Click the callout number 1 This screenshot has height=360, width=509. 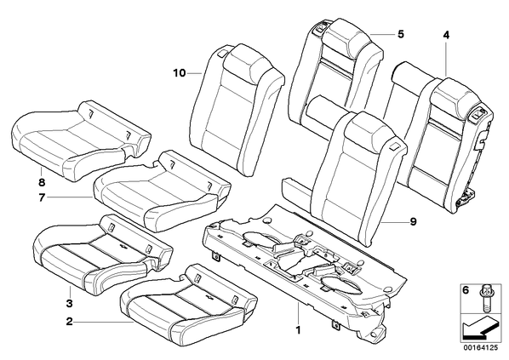(x=298, y=330)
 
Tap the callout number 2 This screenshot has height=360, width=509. (x=69, y=322)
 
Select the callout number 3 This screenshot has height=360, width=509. (x=69, y=304)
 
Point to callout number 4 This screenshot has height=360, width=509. (x=446, y=35)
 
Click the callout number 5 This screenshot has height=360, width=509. (x=401, y=34)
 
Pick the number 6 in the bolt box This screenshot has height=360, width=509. (x=466, y=290)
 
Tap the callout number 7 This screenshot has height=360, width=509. (x=41, y=197)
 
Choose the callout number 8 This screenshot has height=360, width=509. (x=42, y=182)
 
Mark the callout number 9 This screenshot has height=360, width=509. (x=413, y=222)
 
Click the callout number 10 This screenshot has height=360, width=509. (x=180, y=73)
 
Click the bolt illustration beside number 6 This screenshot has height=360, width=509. (x=483, y=296)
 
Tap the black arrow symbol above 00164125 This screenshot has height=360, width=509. (x=479, y=329)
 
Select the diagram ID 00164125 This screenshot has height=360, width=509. (x=480, y=348)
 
